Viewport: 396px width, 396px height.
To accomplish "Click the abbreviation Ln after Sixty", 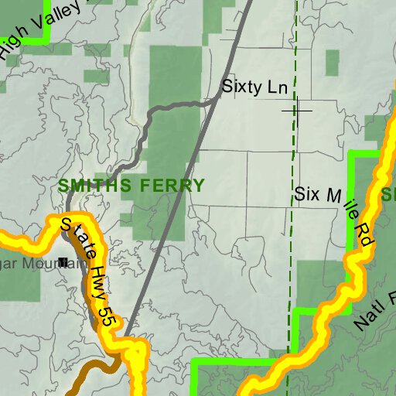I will (x=277, y=87).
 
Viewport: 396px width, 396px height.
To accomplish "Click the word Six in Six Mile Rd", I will (x=308, y=193).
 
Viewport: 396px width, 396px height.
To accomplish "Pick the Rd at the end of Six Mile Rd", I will (x=364, y=236).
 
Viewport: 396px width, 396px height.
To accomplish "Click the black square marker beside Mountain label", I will (x=63, y=262).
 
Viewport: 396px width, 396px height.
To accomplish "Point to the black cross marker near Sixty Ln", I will (x=296, y=110).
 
